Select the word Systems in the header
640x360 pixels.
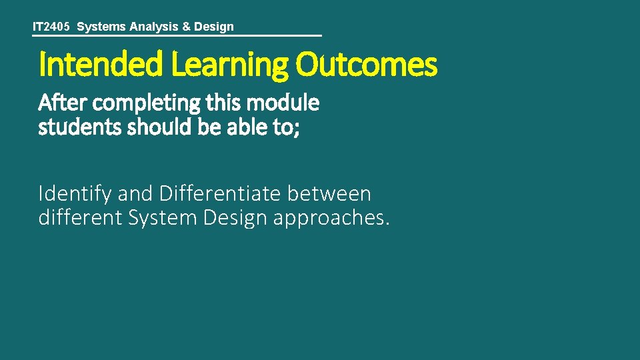[x=101, y=27]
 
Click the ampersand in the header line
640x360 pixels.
[x=187, y=27]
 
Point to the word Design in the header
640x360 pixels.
[x=214, y=27]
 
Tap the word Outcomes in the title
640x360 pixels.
[x=367, y=65]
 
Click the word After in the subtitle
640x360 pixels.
[x=63, y=103]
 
